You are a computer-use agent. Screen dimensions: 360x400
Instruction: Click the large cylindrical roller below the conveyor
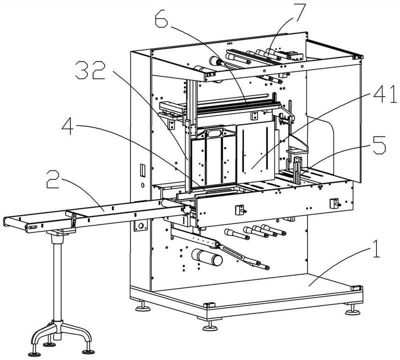(x=206, y=258)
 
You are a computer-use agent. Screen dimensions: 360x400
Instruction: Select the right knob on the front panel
(x=332, y=203)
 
